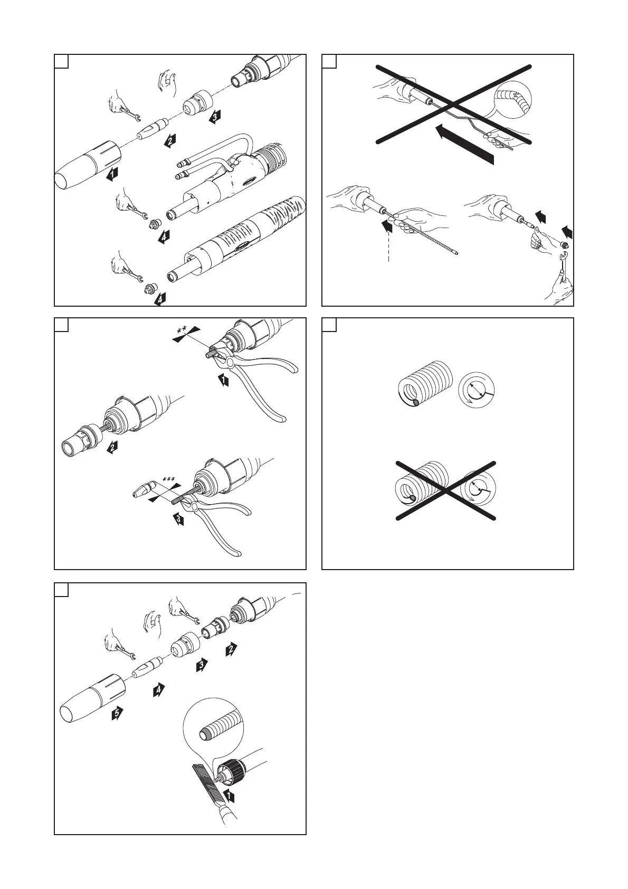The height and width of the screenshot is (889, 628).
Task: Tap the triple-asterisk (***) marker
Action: [169, 479]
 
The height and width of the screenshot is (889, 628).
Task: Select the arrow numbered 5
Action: [118, 714]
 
